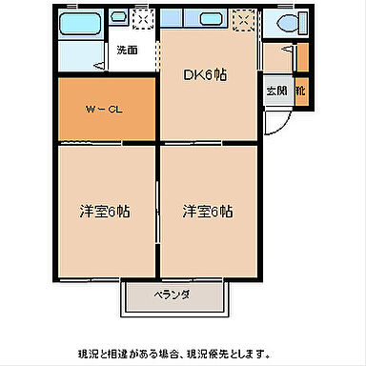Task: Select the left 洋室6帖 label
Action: (x=104, y=211)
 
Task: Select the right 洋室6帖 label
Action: (x=207, y=211)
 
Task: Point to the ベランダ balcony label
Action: (x=173, y=295)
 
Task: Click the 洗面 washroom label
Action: (x=127, y=51)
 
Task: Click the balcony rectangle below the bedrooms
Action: (x=173, y=297)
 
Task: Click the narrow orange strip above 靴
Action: (x=302, y=58)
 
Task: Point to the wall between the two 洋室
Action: (x=157, y=210)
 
